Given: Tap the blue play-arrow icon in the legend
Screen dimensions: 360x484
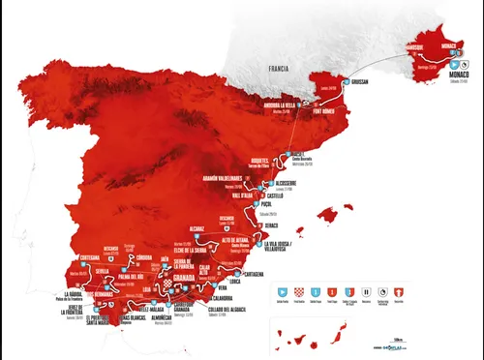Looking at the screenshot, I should (x=283, y=289).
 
